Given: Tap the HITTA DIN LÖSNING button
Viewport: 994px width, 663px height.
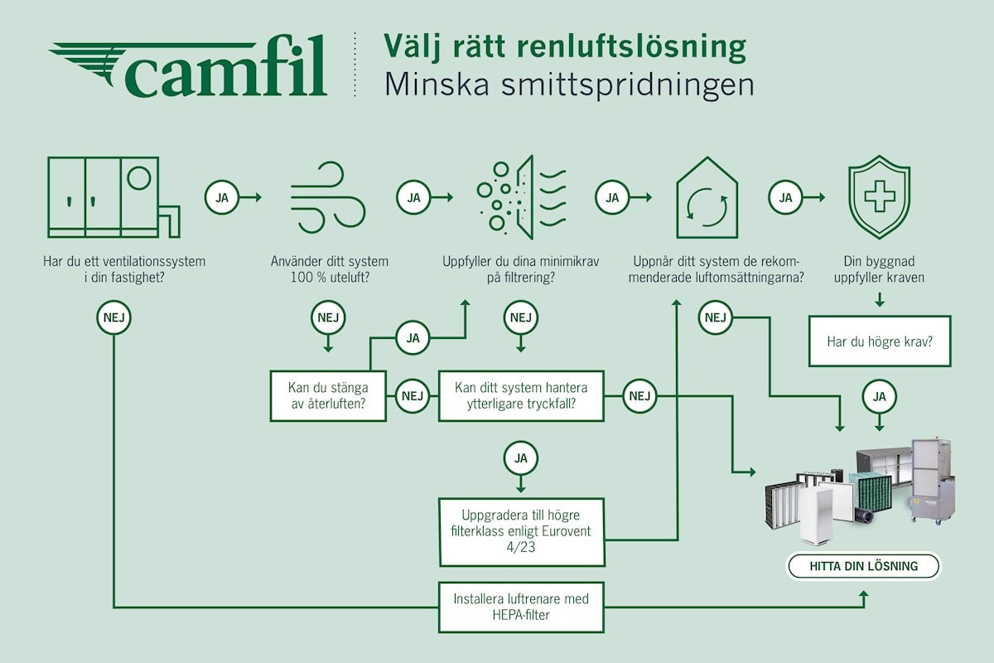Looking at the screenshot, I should [864, 567].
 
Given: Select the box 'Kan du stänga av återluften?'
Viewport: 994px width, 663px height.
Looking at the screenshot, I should [330, 395].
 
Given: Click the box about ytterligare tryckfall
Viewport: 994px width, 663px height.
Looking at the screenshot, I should [520, 395].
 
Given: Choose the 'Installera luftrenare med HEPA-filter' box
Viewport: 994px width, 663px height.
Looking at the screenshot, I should [521, 606].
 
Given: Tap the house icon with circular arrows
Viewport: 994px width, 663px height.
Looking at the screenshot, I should [707, 199].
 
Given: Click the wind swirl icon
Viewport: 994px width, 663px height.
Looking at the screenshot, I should [329, 199].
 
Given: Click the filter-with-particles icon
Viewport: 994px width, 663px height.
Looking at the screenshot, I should [521, 197].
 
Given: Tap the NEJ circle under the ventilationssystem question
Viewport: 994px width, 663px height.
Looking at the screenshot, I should [114, 317].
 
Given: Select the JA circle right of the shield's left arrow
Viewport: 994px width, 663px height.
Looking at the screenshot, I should [786, 197].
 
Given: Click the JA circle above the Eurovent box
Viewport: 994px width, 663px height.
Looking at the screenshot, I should [520, 457].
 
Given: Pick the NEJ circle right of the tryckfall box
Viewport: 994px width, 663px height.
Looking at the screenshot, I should [639, 395].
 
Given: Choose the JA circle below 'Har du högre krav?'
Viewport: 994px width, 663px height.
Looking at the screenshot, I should [879, 396].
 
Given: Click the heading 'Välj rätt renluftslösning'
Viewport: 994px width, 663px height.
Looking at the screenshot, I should [564, 47].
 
